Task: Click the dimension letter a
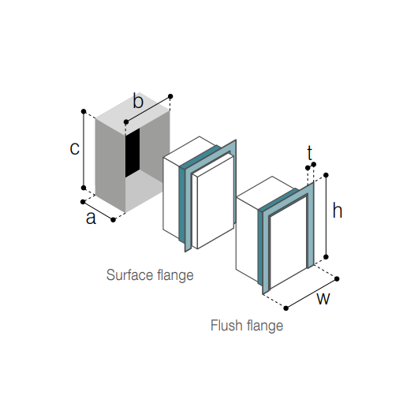click(91, 218)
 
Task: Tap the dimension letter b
click(138, 100)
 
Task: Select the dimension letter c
click(74, 148)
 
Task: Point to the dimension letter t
click(309, 153)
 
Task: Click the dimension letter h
click(338, 211)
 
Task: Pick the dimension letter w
click(323, 299)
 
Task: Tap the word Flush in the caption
click(227, 325)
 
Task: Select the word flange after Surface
click(175, 275)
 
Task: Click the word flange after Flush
click(265, 326)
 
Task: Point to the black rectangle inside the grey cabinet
click(132, 153)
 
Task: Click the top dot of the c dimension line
click(84, 111)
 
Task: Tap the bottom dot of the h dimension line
click(326, 257)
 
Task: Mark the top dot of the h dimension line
click(326, 175)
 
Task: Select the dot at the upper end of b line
click(170, 96)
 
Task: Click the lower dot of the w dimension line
click(286, 308)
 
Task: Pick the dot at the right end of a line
click(113, 220)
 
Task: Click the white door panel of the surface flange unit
click(215, 202)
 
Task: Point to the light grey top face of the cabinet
click(132, 114)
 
